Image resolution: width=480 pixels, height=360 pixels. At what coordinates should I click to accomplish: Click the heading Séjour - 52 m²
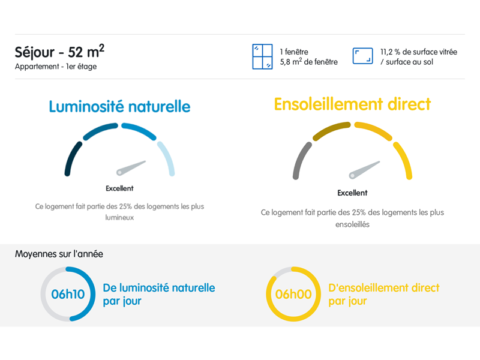[x=59, y=52]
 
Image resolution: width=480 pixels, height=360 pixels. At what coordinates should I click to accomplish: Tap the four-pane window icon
[x=262, y=56]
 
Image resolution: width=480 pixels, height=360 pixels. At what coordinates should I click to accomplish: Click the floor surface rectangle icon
[x=363, y=56]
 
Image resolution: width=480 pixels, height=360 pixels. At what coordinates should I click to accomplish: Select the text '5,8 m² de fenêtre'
[x=308, y=62]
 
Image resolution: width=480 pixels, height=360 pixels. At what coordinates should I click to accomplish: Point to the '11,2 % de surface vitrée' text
[x=419, y=52]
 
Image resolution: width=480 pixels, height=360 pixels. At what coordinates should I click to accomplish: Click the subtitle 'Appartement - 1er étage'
[x=56, y=67]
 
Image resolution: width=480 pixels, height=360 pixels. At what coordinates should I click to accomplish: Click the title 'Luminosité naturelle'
[x=119, y=107]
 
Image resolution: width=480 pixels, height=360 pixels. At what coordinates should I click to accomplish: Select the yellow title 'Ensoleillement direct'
[x=352, y=104]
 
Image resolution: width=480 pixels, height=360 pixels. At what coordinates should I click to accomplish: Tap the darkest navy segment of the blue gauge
[x=72, y=158]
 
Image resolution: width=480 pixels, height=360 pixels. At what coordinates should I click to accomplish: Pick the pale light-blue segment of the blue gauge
[x=167, y=158]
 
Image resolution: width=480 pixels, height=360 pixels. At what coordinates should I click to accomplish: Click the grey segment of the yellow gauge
[x=301, y=160]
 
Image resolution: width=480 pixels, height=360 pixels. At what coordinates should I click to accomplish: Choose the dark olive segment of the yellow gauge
[x=331, y=130]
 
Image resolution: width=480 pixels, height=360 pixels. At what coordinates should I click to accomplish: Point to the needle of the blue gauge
[x=131, y=168]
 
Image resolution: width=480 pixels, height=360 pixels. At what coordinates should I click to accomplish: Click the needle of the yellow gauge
[x=364, y=170]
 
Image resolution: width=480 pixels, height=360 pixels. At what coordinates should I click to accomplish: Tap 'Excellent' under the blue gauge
[x=119, y=188]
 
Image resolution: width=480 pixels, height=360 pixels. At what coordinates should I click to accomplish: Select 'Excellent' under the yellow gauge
[x=352, y=193]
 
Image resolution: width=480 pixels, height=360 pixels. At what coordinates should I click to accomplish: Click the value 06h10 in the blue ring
[x=68, y=294]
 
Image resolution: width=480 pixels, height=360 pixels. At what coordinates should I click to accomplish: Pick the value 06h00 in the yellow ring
[x=293, y=294]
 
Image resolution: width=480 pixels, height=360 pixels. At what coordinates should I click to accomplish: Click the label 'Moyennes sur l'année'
[x=59, y=254]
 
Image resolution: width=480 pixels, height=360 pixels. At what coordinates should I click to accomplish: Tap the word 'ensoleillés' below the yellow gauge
[x=352, y=224]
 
